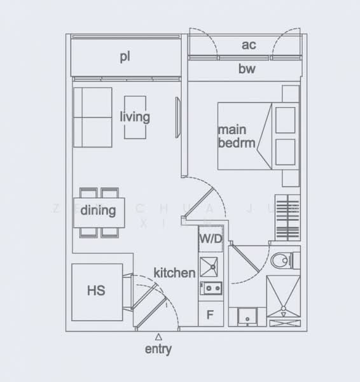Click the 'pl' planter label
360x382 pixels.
[x=125, y=57]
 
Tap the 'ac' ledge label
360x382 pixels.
[x=249, y=45]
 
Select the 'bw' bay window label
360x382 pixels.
[x=247, y=69]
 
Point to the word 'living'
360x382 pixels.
[x=135, y=117]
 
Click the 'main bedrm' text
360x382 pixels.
[x=237, y=136]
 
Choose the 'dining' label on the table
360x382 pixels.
[x=98, y=211]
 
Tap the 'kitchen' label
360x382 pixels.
[x=174, y=272]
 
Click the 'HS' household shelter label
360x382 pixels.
[x=96, y=291]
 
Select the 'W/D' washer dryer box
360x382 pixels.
[x=210, y=239]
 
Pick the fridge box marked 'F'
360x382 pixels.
[x=210, y=315]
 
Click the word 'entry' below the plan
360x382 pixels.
[x=158, y=349]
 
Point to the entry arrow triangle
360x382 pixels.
[x=158, y=336]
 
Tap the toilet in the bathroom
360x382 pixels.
[x=280, y=260]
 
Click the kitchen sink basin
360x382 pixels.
[x=209, y=265]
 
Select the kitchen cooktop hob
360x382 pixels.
[x=210, y=289]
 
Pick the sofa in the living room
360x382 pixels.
[x=92, y=118]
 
